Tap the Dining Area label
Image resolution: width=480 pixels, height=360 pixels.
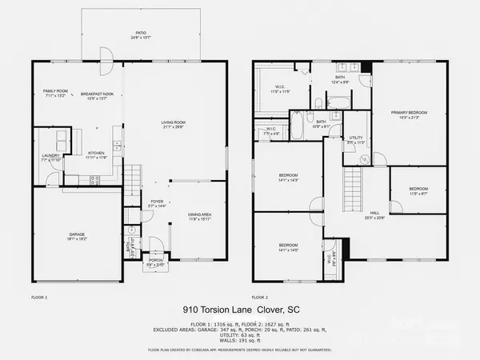click(x=199, y=215)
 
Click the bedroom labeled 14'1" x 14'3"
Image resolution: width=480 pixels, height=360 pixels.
click(x=288, y=178)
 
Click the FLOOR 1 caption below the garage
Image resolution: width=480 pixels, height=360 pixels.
click(x=39, y=297)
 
